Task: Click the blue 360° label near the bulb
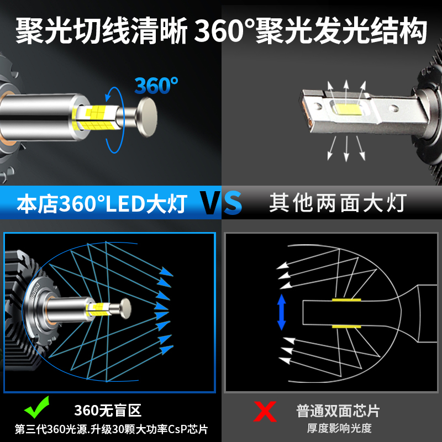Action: click(x=156, y=86)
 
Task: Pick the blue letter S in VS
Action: click(x=233, y=203)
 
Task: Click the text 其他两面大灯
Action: click(x=338, y=203)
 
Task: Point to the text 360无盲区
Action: click(x=108, y=411)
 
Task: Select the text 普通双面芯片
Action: click(x=338, y=411)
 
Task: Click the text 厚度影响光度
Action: click(x=339, y=428)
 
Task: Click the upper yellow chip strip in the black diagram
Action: click(x=346, y=299)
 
